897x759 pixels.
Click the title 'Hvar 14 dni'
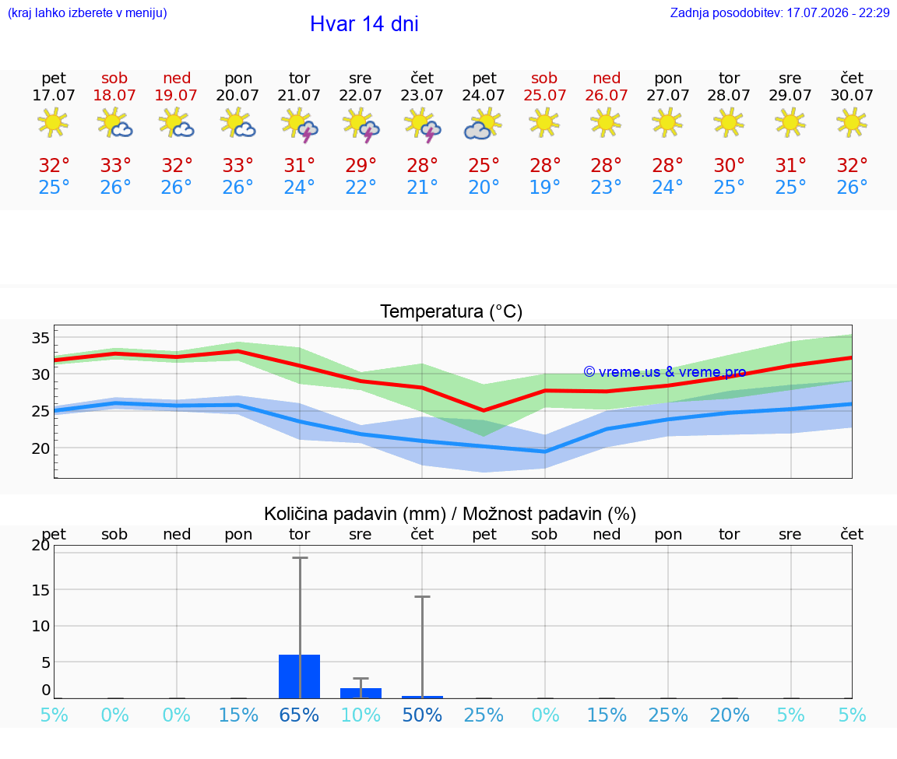[x=364, y=24]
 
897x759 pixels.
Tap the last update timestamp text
[x=779, y=12]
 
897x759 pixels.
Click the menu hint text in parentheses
[x=87, y=12]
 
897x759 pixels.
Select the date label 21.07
[x=299, y=95]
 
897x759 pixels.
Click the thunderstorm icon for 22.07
[x=361, y=125]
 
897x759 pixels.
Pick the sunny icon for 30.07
[x=851, y=123]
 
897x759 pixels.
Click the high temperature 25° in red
[x=484, y=165]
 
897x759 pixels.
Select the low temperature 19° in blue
[x=544, y=187]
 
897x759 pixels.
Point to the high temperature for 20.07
[x=237, y=165]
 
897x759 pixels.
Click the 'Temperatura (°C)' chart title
[x=452, y=311]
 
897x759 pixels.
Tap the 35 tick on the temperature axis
[x=40, y=337]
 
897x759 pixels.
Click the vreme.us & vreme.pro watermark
[x=665, y=372]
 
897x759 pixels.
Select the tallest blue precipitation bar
[x=299, y=676]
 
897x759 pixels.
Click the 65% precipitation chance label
[x=299, y=715]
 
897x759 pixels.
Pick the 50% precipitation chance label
[x=422, y=715]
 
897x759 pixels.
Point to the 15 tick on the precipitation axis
[x=40, y=590]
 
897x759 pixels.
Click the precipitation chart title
[x=450, y=514]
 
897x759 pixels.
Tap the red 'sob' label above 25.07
[x=544, y=78]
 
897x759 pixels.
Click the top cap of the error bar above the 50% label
[x=422, y=596]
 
